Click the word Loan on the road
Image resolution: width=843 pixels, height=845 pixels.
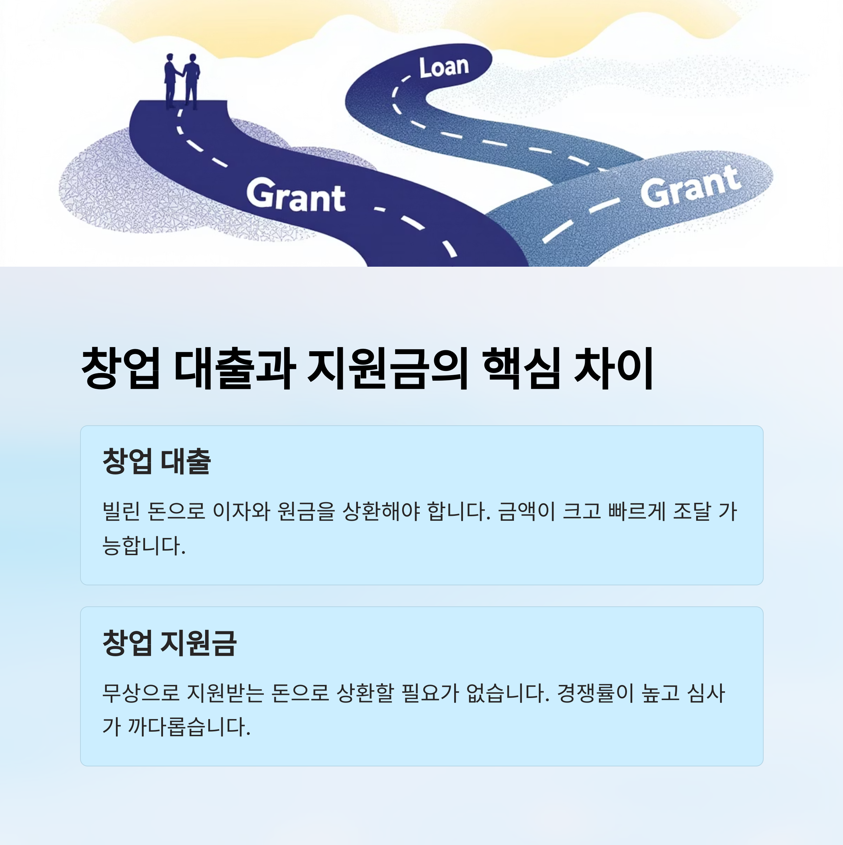[x=444, y=68]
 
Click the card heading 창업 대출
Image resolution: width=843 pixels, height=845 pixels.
[x=156, y=461]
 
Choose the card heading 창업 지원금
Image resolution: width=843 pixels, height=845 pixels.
[x=169, y=643]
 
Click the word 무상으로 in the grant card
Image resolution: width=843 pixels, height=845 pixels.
[x=141, y=692]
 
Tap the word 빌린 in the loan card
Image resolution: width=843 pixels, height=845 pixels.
[x=121, y=511]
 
